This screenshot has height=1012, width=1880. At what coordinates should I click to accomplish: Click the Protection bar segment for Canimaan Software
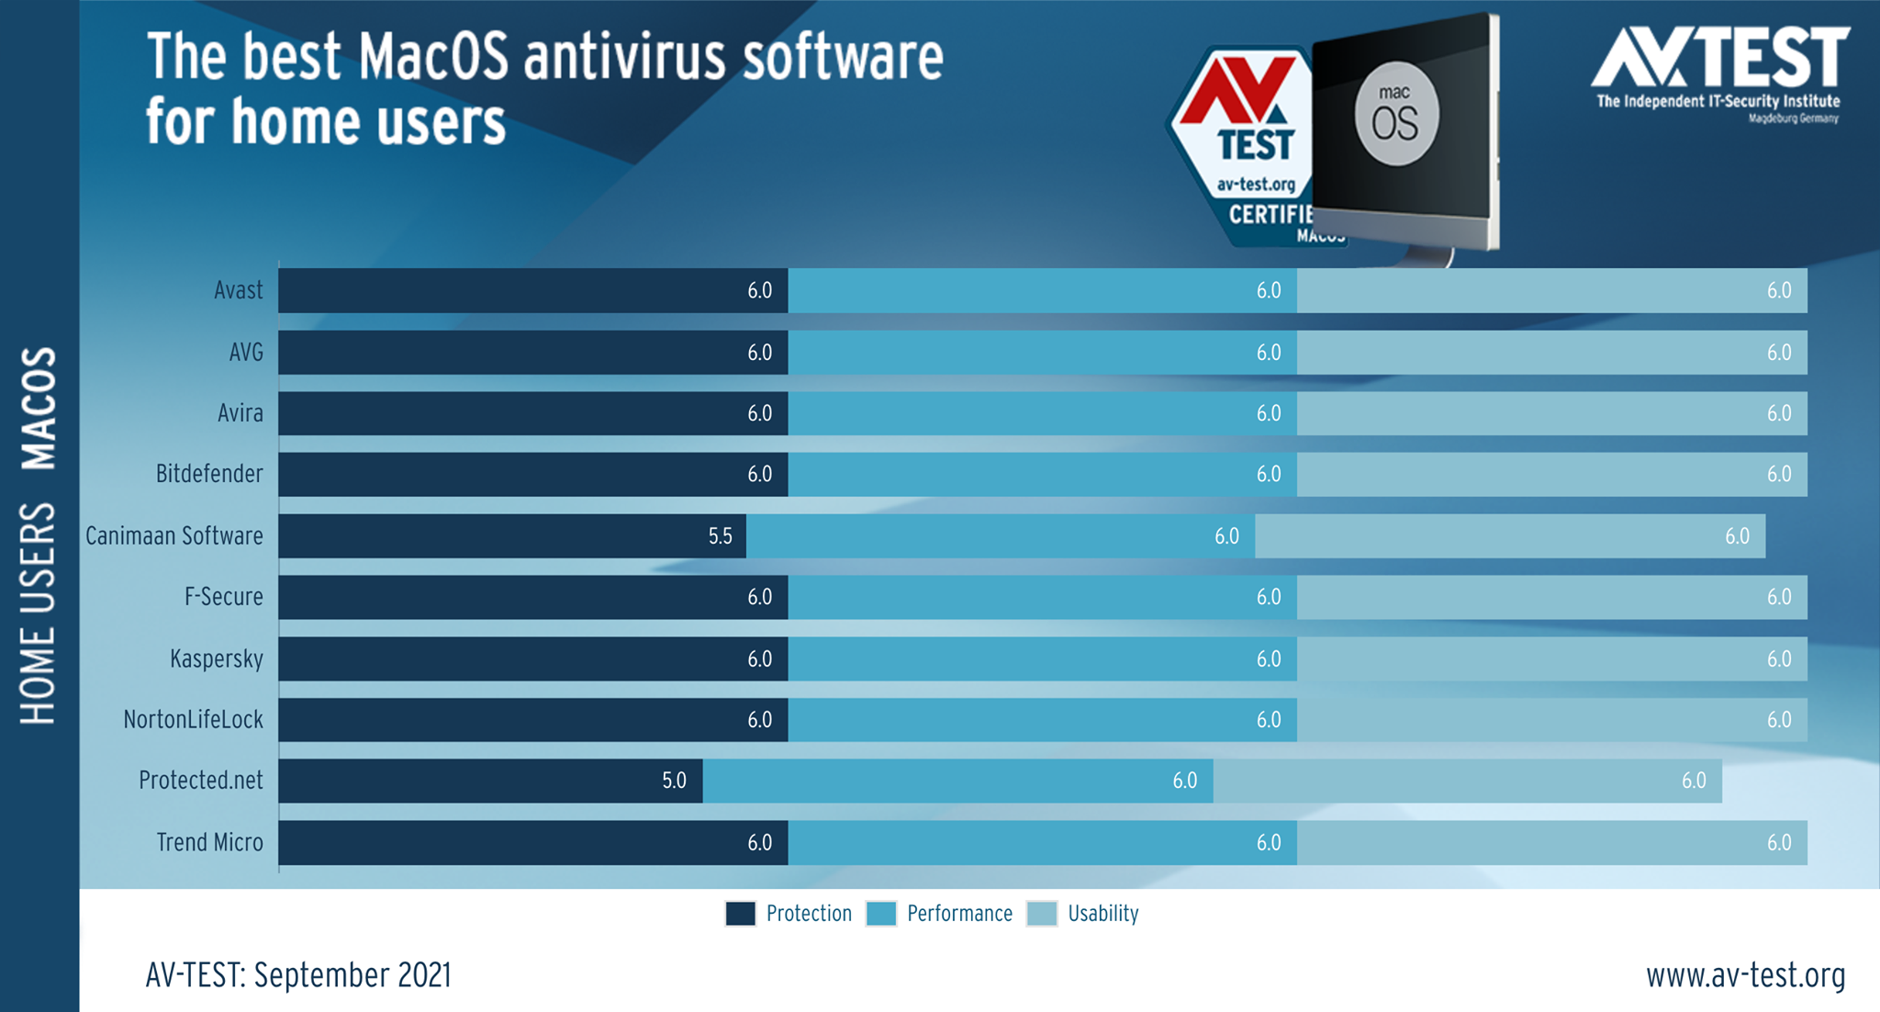tap(512, 535)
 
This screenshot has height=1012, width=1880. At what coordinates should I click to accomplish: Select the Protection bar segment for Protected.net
tap(491, 781)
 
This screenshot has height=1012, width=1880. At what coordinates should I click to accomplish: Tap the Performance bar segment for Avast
tap(1043, 290)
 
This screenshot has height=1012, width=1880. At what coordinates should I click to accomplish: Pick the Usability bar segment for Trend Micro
tap(1552, 842)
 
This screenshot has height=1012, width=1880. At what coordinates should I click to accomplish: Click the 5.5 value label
tap(721, 536)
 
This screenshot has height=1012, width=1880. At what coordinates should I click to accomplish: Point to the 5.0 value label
tap(675, 781)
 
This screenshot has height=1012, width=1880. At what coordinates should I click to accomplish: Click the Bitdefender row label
tap(209, 474)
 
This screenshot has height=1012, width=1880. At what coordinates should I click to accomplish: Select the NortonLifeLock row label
tap(193, 719)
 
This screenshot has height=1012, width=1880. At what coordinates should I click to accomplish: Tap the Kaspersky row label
tap(217, 658)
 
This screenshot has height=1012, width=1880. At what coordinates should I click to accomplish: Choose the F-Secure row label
tap(224, 597)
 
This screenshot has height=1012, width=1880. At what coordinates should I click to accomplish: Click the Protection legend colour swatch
tap(741, 914)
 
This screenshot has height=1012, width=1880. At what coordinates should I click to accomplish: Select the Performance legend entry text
tap(959, 914)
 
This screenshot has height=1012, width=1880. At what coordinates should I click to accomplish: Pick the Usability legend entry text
tap(1103, 914)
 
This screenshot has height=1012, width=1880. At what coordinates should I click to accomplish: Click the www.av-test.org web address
tap(1745, 975)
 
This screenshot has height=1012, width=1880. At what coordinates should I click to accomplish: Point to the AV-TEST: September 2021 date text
tap(298, 975)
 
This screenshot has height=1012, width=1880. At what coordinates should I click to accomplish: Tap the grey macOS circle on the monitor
tap(1397, 114)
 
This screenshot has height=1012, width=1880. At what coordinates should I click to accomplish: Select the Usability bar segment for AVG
tap(1552, 352)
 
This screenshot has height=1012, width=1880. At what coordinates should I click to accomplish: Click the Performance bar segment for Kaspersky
tap(1043, 658)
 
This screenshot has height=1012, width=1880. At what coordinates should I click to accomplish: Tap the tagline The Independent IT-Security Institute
tap(1718, 101)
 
